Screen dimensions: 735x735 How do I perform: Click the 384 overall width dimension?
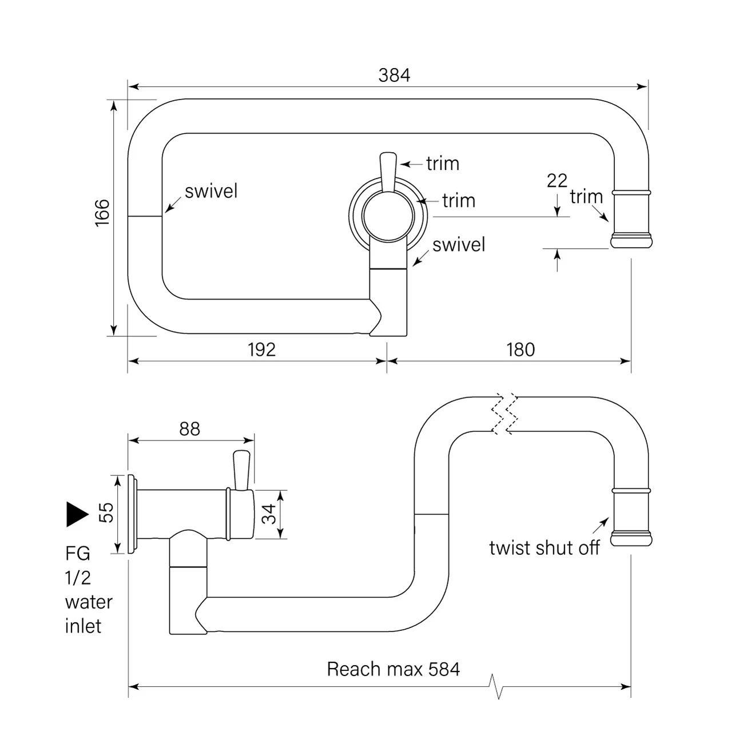coord(394,75)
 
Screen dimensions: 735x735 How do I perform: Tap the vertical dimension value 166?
coord(102,212)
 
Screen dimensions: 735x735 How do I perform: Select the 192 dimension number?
coord(261,349)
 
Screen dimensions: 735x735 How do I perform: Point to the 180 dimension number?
coord(521,349)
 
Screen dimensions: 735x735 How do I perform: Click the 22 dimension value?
coord(557,181)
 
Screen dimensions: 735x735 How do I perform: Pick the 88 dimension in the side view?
coord(190,429)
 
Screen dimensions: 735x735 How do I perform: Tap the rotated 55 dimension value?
coord(106,512)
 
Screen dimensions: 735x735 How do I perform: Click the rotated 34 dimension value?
coord(269,514)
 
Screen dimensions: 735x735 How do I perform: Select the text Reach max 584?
coord(393,669)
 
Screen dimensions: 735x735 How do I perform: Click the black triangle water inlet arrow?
coord(77,514)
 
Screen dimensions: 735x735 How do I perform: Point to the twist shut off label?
coord(544,548)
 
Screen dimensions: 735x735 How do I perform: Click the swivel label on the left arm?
coord(210,191)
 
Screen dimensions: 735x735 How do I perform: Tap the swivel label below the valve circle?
coord(459,245)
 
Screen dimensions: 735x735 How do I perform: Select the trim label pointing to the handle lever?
coord(443,164)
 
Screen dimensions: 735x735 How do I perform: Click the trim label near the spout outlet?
coord(586,197)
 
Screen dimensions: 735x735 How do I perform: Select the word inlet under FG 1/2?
coord(83,626)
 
